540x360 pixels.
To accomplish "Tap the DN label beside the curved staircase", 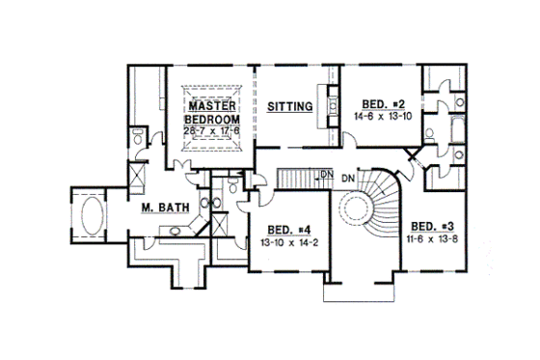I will (349, 178).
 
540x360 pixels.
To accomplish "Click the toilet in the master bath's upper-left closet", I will (141, 140).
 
